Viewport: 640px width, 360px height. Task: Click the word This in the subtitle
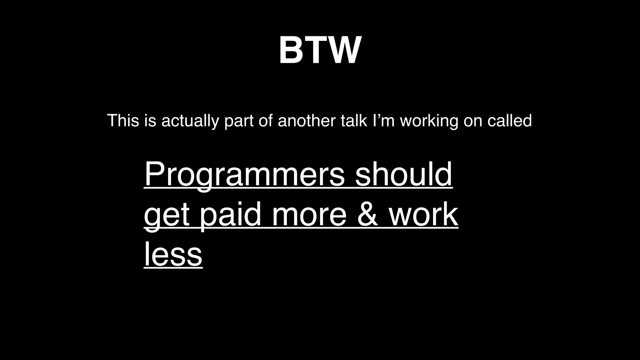(x=123, y=121)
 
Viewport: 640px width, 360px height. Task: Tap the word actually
(x=190, y=121)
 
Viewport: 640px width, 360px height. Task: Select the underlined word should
(x=403, y=174)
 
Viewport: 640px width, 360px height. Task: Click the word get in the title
(x=167, y=215)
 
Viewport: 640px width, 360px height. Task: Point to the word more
(x=309, y=215)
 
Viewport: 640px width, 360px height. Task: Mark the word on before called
(x=473, y=121)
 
